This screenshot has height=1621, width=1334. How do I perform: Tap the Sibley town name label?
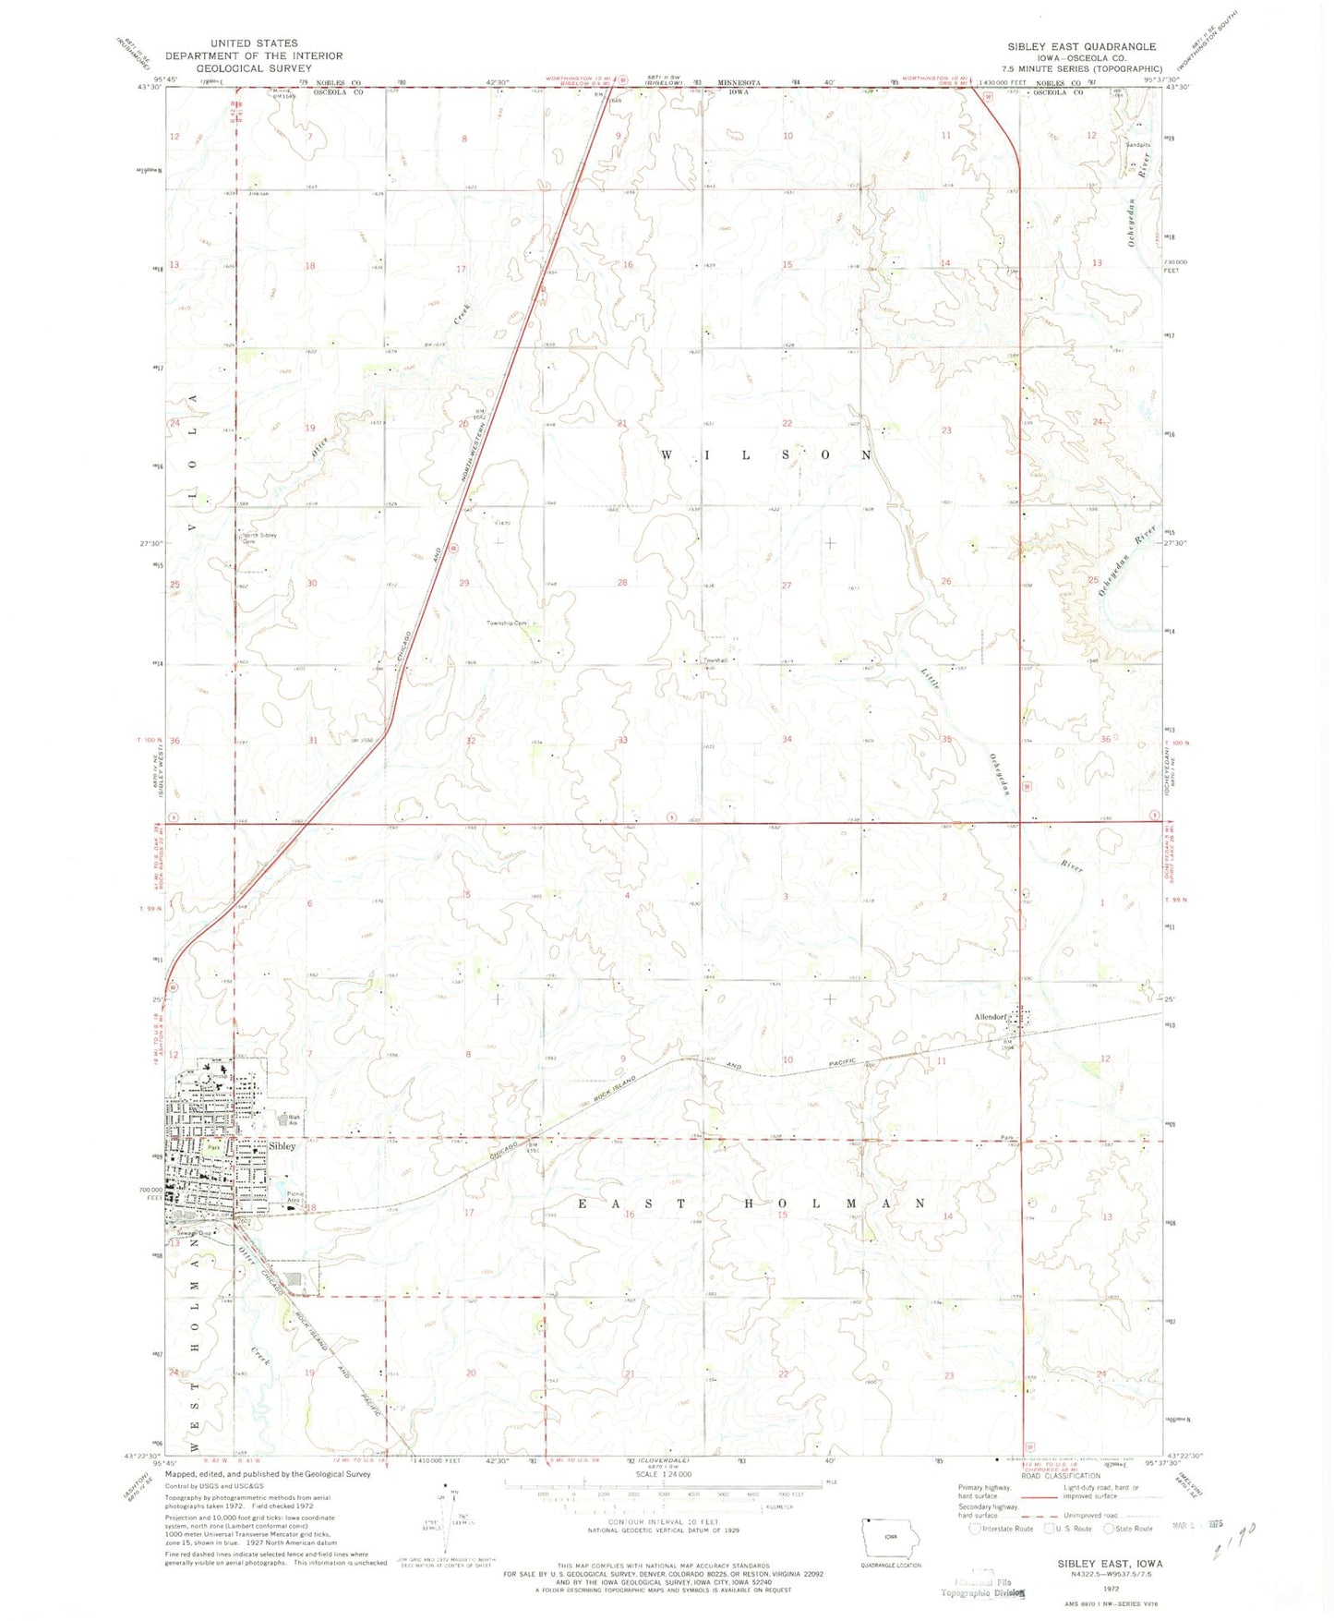tap(282, 1145)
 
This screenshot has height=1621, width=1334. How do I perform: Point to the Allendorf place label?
tap(990, 1017)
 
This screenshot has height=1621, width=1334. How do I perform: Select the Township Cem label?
tap(507, 623)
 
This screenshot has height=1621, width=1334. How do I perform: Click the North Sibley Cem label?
tap(259, 538)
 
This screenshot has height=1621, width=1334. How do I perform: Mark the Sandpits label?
tap(1137, 145)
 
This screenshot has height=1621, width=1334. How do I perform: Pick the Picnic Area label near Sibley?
tap(295, 1197)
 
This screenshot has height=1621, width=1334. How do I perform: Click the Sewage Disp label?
tap(195, 1231)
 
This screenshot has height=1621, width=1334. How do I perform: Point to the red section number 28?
tap(622, 583)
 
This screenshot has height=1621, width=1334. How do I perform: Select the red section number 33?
tap(623, 740)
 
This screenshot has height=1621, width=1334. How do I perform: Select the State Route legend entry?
tap(1127, 1529)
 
